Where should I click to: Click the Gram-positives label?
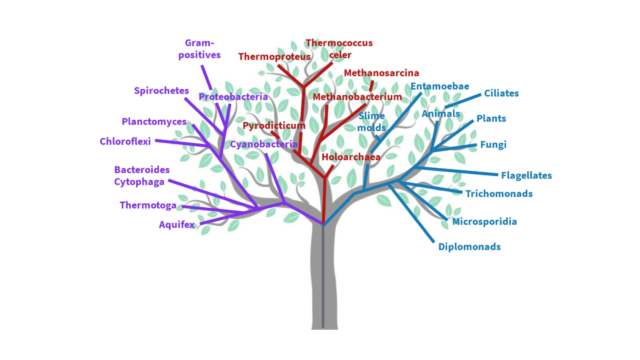coord(199,49)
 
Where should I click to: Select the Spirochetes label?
coord(161,91)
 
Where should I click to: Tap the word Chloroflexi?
coord(125,142)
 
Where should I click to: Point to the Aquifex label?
coord(176,225)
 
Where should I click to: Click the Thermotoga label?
coord(148,206)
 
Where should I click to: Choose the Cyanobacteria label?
coord(264,145)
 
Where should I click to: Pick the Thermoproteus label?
coord(274,57)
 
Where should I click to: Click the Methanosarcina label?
coord(381,73)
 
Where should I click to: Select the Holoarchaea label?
coord(351,157)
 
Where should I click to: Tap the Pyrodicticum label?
coord(274,125)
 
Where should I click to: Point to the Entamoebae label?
coord(439,87)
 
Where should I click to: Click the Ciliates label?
coord(501,93)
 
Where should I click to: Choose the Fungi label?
coord(493,145)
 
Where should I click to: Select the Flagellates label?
coord(526,176)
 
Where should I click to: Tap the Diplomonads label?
coord(469,247)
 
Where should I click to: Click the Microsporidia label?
coord(484,222)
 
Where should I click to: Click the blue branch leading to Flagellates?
coord(457,171)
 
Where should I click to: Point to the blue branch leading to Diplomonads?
coord(412,213)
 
